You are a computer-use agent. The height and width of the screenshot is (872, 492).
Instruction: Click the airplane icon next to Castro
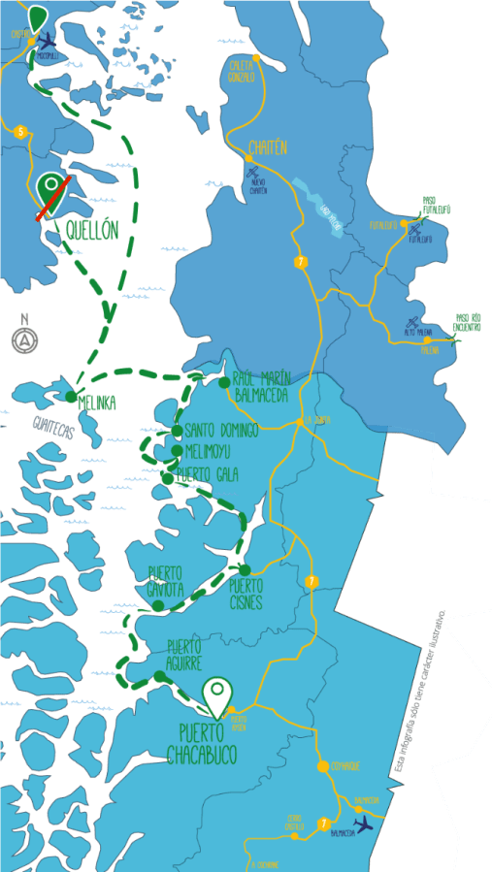47,41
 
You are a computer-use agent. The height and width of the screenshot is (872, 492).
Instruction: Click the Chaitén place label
268,147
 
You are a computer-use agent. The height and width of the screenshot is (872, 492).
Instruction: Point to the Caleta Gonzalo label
242,70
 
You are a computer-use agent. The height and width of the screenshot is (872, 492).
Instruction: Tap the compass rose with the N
23,337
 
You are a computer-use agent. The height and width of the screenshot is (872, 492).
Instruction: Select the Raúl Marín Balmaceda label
262,387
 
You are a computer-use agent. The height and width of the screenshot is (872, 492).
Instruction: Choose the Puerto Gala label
209,473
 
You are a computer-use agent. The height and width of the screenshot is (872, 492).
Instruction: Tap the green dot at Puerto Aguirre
158,676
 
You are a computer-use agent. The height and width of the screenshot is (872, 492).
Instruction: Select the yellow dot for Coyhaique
322,766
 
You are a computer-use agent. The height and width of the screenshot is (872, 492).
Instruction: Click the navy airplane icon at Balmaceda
364,824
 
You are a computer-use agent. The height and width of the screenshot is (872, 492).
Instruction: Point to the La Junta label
316,420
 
